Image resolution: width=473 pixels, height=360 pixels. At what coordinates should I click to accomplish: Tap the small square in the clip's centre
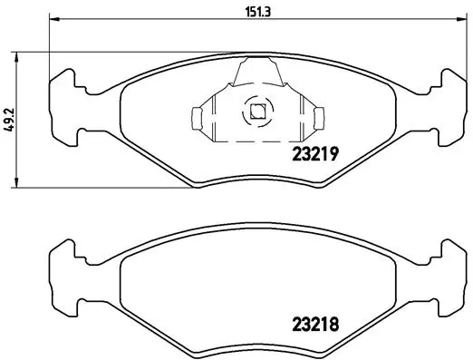[x=256, y=113]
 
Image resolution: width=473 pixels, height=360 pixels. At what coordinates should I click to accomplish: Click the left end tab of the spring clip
[x=197, y=117]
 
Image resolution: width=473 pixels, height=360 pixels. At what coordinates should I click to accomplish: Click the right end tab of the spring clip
[x=317, y=117]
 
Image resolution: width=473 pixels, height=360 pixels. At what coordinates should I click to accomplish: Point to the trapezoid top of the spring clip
[x=256, y=68]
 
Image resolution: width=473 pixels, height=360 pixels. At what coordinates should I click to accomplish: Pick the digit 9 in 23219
[x=334, y=154]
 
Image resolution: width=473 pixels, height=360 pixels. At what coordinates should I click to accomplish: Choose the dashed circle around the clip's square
[x=256, y=102]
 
